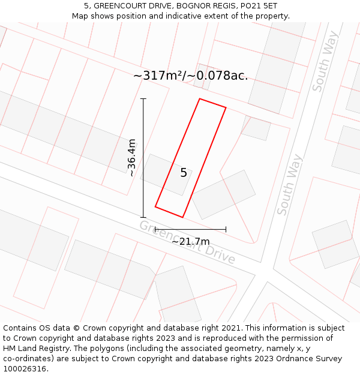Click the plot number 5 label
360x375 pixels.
184,173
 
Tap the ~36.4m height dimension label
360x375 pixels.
132,158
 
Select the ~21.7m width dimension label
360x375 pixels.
191,241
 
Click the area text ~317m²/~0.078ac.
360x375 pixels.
190,76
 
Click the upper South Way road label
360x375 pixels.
325,62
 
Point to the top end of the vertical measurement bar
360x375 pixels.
143,98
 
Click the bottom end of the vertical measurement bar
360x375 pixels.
143,217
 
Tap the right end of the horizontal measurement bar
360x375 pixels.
226,229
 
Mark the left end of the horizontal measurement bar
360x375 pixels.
155,229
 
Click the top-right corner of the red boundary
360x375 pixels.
226,108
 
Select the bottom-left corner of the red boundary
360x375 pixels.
155,207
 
